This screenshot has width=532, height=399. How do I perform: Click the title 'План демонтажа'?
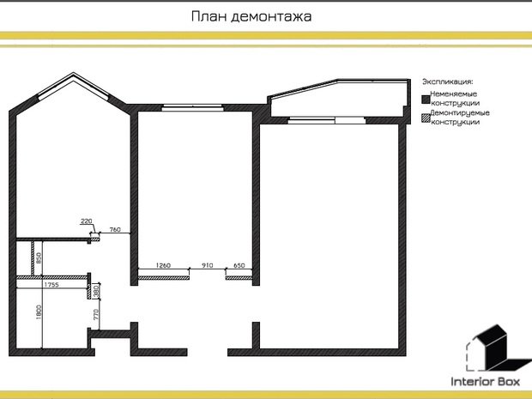[x=251, y=16]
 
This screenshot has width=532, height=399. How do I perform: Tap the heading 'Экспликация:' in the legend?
[x=447, y=81]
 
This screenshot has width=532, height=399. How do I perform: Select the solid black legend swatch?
[x=426, y=94]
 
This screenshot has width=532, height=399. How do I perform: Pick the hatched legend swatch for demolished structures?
[x=426, y=115]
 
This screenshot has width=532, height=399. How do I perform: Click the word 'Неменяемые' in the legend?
[x=454, y=93]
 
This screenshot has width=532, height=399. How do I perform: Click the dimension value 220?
[x=86, y=222]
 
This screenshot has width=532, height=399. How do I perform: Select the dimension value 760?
[x=115, y=230]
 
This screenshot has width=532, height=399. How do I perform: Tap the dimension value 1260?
[x=165, y=266]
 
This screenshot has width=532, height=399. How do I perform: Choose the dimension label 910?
[x=207, y=266]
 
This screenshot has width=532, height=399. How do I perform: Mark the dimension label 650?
[x=239, y=266]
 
